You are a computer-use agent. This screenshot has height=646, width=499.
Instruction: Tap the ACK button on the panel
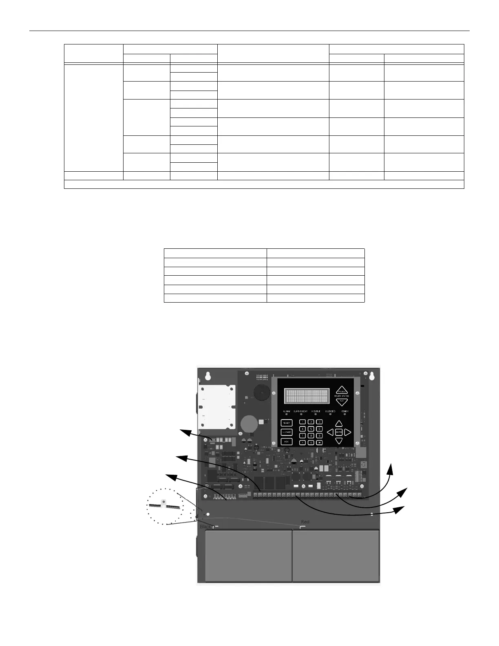287,442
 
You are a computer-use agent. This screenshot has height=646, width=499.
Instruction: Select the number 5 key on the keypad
311,429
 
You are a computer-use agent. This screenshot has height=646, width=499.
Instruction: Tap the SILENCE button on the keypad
287,432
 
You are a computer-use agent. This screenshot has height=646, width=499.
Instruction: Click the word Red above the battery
305,522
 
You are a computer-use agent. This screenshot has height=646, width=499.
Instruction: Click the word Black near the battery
205,527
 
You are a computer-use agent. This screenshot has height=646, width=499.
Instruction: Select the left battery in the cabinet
248,555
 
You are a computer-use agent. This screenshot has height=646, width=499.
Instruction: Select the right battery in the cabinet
336,555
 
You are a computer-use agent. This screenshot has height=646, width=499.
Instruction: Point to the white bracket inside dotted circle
163,504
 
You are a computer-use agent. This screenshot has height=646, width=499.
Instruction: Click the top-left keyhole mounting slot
208,376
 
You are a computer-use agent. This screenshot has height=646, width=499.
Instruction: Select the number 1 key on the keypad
302,422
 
